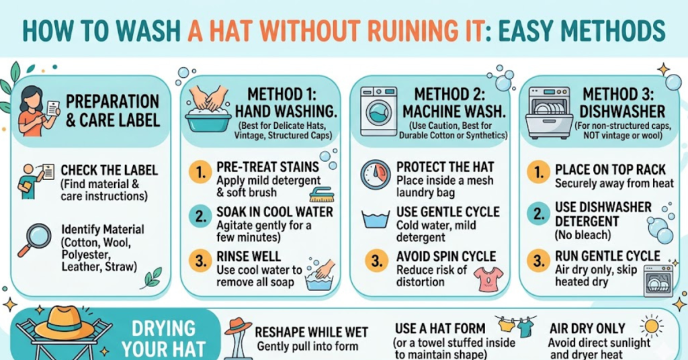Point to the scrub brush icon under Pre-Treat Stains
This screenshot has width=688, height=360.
[321, 195]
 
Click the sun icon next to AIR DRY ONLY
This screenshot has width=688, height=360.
[651, 326]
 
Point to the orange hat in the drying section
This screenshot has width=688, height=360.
[64, 323]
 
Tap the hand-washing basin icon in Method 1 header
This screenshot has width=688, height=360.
[208, 107]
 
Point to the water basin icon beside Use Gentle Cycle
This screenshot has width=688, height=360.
[376, 220]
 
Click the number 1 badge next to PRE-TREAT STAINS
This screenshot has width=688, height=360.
[200, 174]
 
